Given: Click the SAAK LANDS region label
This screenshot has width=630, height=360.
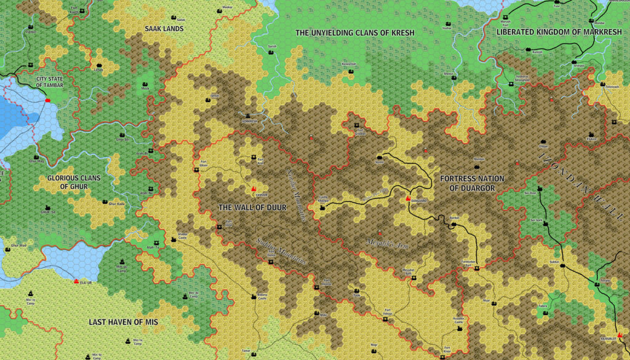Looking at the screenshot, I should pos(164,28).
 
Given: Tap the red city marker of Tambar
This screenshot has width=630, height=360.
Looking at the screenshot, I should pos(48,100).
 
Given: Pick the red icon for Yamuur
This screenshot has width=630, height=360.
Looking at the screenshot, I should pos(252,188).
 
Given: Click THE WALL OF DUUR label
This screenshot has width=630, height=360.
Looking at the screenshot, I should pos(252,207).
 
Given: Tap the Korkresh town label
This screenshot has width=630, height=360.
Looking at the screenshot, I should pos(249,121).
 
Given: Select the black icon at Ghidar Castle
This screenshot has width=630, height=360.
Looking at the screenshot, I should pos(173,241).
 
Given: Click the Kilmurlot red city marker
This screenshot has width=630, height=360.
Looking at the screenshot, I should pos(619,335).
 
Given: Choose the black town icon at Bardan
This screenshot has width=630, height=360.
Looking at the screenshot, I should pos(454,225).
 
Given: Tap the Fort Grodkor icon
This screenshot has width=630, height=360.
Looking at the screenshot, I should pos(359,129).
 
